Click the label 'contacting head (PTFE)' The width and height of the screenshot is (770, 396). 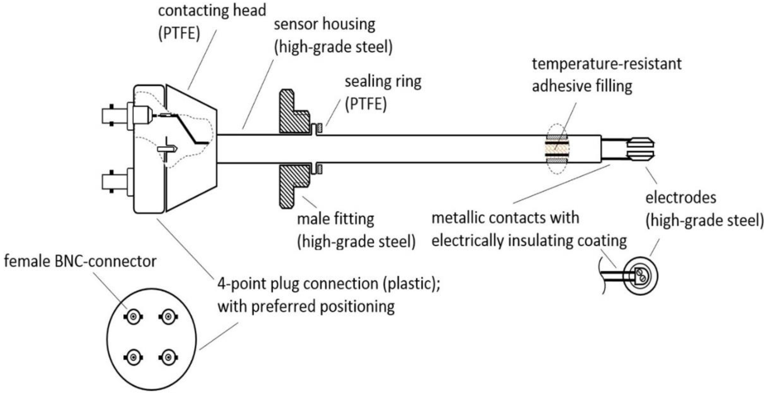212,22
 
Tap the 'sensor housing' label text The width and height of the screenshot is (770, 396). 324,24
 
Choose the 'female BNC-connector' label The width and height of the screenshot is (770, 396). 80,262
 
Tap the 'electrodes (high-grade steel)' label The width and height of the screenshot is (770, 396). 704,209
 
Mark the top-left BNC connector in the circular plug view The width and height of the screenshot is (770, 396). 133,316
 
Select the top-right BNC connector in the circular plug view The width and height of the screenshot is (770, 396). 168,316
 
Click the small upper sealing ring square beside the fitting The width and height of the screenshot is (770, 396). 320,128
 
